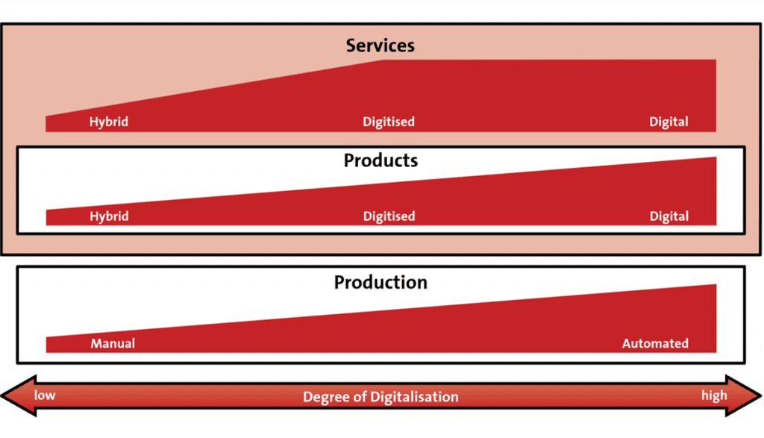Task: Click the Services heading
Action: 380,46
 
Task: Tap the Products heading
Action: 381,160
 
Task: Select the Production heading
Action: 381,282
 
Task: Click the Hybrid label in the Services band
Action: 109,122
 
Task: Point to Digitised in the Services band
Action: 388,122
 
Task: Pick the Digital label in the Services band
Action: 668,122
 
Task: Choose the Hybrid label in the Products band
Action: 109,216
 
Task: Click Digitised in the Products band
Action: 389,216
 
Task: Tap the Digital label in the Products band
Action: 669,216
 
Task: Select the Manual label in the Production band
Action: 113,343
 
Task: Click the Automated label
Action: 655,343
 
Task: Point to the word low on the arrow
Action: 44,395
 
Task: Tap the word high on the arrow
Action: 714,395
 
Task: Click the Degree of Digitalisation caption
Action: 381,396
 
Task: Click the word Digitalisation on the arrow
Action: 414,396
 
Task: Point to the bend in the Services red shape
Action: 383,60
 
